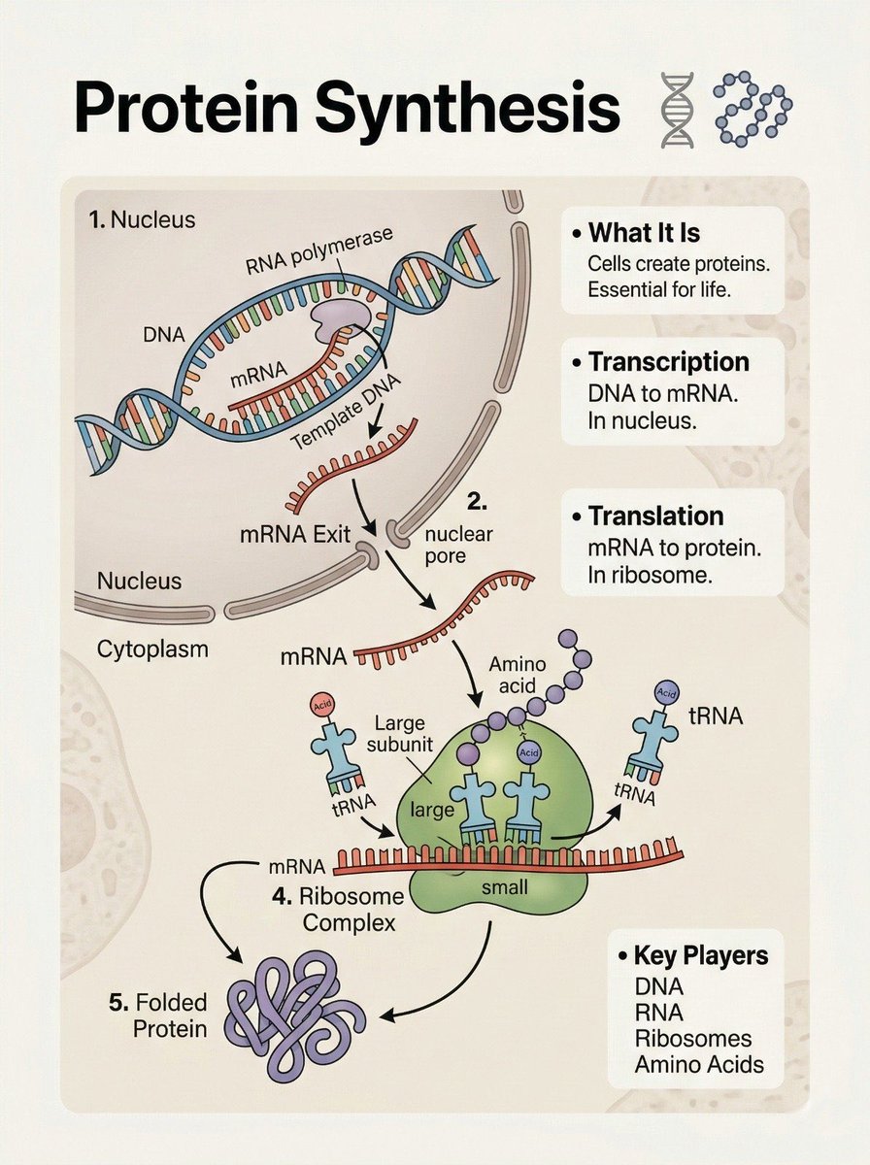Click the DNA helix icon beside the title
pos(678,110)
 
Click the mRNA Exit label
pos(295,535)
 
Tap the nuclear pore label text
pos(458,545)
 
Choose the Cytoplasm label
pos(152,649)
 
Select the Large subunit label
pos(400,734)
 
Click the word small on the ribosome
pos(505,887)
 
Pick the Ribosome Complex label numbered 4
pos(338,910)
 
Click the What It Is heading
pos(644,232)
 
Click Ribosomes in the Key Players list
pos(693,1038)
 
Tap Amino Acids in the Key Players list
pos(699,1065)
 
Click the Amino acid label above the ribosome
pos(517,675)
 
